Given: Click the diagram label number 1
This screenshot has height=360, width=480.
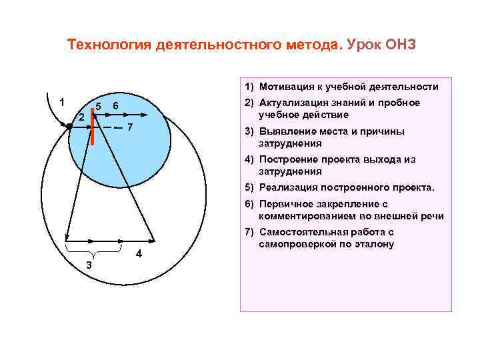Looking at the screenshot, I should (61, 103).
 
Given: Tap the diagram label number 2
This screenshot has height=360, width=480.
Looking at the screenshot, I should (81, 117).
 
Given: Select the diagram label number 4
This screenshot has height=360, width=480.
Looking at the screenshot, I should (138, 254).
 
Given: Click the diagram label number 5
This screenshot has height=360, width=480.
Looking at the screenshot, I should (98, 107).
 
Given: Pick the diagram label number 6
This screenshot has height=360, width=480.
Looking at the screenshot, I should (115, 107).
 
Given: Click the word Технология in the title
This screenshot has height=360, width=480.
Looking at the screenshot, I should (109, 45).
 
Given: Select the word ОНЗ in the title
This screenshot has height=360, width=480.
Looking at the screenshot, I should (399, 45).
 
